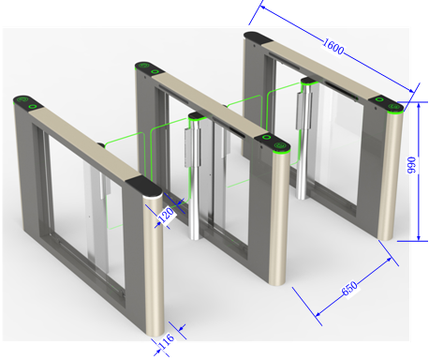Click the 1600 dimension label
(333, 47)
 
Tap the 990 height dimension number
(412, 165)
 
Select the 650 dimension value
(349, 289)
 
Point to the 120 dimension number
(166, 216)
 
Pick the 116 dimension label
(167, 341)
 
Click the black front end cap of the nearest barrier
(143, 186)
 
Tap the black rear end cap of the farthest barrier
(258, 37)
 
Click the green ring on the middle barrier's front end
(266, 137)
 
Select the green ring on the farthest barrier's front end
(379, 99)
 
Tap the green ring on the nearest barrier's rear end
(33, 106)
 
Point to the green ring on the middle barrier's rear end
(155, 72)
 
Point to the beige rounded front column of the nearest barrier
(154, 265)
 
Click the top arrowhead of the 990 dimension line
(419, 106)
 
